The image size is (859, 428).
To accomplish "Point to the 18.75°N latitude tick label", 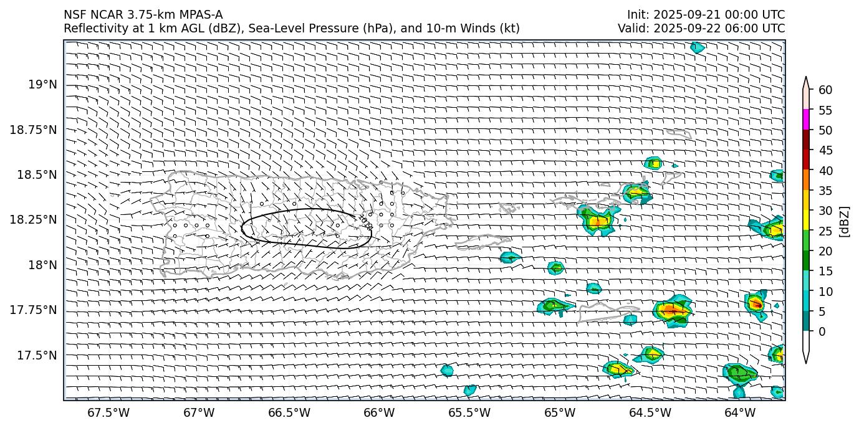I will (34, 130).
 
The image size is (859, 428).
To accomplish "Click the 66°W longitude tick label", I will (379, 413).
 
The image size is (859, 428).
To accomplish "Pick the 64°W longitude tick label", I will (740, 413).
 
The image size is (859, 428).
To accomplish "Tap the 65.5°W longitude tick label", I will (469, 413).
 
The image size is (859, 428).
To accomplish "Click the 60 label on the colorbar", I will (825, 90).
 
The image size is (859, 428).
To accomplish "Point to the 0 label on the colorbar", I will (822, 331).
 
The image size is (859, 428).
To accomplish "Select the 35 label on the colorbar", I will (825, 191).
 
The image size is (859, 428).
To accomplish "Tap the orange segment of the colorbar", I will (806, 180).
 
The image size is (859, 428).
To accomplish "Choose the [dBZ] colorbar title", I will (845, 222).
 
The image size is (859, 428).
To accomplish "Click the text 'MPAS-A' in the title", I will (201, 15).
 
